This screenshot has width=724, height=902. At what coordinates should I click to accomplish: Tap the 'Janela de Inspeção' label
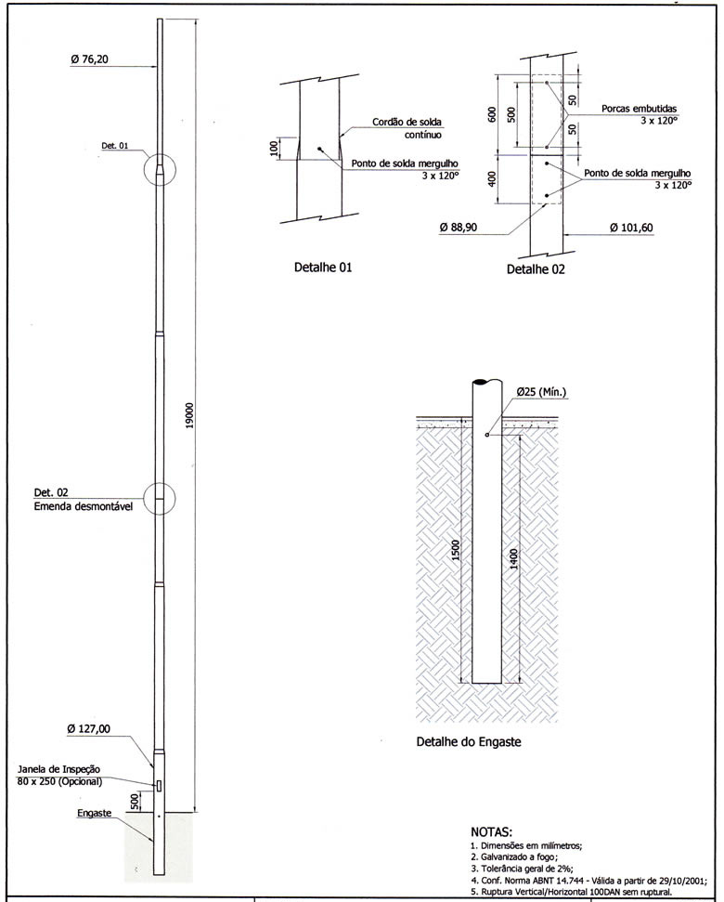point(58,770)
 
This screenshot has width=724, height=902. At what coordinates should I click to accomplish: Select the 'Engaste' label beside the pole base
point(96,813)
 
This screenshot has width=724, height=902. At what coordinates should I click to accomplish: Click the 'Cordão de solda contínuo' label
point(407,128)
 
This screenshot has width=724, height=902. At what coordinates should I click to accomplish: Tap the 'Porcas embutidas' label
point(639,108)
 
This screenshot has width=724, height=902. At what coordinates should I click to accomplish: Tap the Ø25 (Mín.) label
point(540,392)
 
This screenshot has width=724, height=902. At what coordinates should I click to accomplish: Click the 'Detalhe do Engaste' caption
point(474,743)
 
